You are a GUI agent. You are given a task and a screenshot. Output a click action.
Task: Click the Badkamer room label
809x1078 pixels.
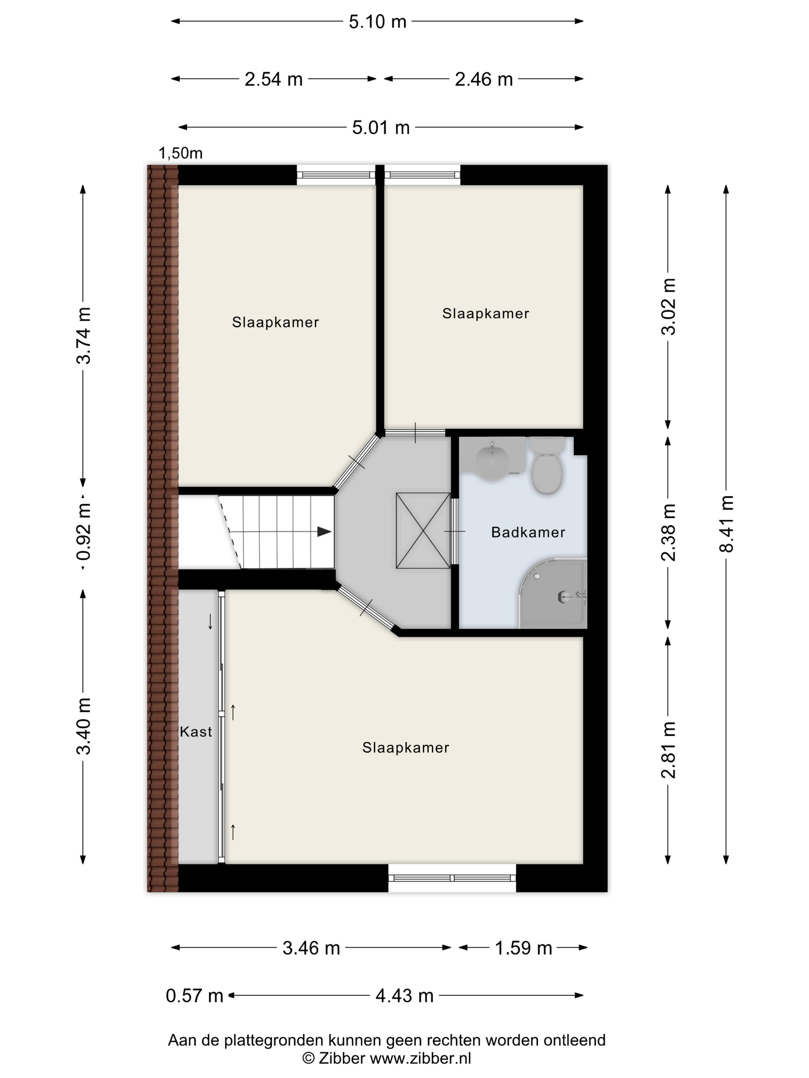point(528,532)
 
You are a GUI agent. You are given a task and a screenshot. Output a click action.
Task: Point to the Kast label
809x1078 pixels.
point(196,731)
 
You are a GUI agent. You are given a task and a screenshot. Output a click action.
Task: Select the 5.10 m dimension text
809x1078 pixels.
point(378,22)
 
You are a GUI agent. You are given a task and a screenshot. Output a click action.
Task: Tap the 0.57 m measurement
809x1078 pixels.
point(195,996)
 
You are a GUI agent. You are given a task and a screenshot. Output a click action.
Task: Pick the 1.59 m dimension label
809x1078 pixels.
point(523,948)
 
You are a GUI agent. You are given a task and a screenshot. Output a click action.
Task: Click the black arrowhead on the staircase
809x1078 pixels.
point(324,532)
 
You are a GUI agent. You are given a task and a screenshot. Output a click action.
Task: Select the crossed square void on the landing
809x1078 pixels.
point(423,530)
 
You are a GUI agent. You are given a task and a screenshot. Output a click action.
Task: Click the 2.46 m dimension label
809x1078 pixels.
point(484,79)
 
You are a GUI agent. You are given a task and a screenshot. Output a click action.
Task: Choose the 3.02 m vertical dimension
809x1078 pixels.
point(668,306)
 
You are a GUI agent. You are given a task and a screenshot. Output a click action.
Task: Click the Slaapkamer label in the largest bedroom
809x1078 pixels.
point(406,748)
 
